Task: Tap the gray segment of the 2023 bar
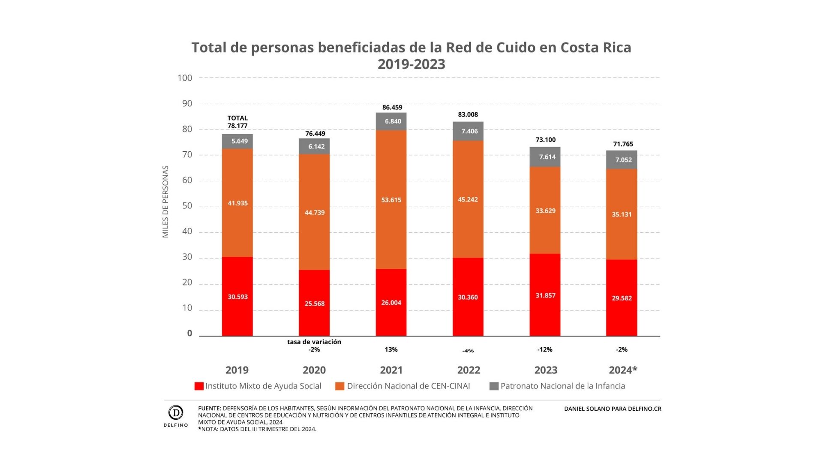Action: (545, 157)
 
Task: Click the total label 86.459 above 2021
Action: (392, 107)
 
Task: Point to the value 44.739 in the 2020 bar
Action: (315, 213)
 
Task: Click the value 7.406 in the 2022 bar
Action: (469, 131)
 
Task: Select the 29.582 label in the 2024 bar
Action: (622, 298)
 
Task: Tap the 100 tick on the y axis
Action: (185, 78)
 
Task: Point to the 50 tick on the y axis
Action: (187, 206)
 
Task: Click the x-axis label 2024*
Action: (623, 370)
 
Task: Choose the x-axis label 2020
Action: (314, 370)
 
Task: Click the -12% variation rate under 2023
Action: (545, 350)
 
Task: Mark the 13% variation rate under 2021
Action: (391, 350)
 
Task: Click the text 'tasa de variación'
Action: (314, 342)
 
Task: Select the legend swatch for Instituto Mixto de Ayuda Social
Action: (199, 386)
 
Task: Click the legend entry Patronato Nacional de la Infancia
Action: (562, 386)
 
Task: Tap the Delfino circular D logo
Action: (176, 412)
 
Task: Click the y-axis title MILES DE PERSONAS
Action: (165, 201)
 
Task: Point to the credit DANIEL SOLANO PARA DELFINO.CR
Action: (613, 409)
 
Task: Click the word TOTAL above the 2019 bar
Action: (237, 118)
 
